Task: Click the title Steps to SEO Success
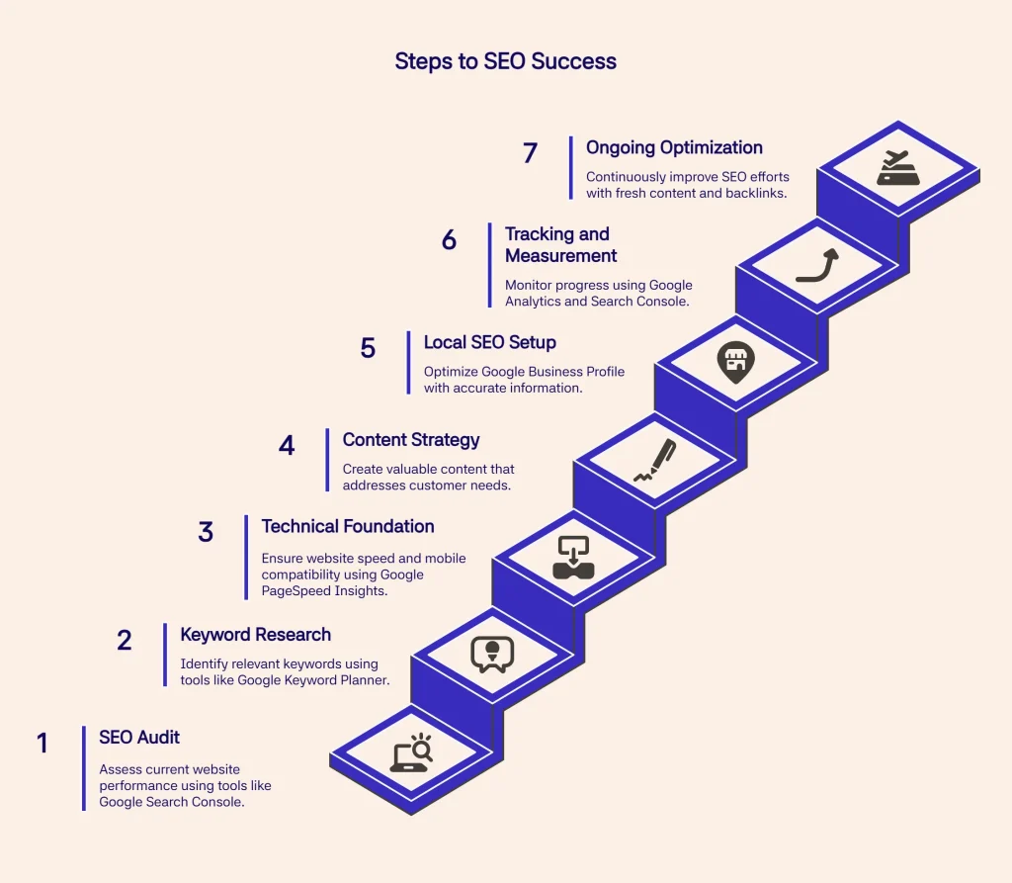[505, 61]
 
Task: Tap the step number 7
[530, 153]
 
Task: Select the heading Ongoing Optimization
[674, 147]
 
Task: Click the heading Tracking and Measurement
[560, 244]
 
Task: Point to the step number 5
[368, 348]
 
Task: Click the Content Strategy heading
[410, 440]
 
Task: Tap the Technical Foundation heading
[347, 526]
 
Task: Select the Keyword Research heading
[255, 634]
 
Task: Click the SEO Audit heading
[139, 737]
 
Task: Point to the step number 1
[42, 743]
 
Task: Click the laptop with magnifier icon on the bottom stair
[410, 754]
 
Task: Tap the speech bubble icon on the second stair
[492, 654]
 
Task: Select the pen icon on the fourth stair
[654, 461]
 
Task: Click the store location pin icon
[735, 363]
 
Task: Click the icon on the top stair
[898, 168]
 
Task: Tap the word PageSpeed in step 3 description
[296, 590]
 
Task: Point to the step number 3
[206, 532]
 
